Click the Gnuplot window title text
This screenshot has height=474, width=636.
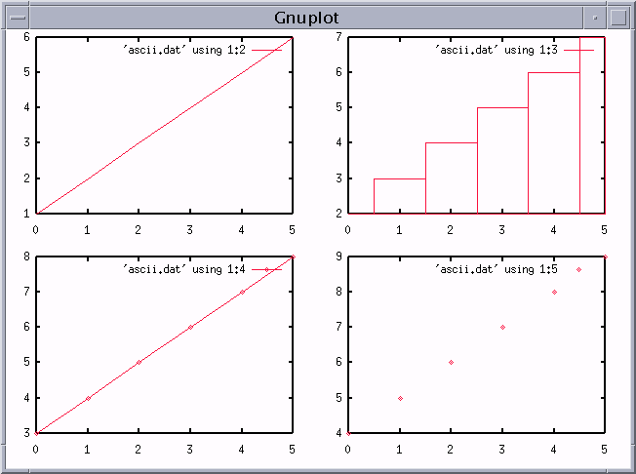306,18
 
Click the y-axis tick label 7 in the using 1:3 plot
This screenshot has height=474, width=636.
338,37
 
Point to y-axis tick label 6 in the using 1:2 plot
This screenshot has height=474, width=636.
26,37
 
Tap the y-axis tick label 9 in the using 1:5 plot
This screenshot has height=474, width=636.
338,257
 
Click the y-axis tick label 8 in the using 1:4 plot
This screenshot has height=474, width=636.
26,257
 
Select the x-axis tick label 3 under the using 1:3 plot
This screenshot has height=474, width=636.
501,229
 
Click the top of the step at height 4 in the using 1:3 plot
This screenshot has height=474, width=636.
451,142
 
